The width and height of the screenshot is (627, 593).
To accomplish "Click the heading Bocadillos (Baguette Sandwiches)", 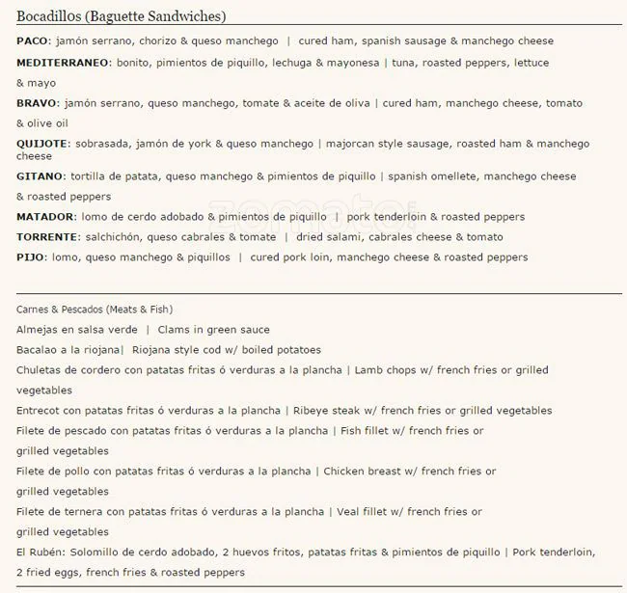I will tap(121, 16).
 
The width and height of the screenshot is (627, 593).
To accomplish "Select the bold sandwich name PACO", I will tap(33, 41).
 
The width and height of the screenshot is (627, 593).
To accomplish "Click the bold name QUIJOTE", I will tap(41, 144).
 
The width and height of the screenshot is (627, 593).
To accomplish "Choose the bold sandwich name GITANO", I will tap(41, 176).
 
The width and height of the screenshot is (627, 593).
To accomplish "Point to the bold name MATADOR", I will tap(45, 217).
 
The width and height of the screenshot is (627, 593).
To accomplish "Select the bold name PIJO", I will tap(31, 257).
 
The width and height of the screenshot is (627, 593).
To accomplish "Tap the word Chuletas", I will tap(41, 369).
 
